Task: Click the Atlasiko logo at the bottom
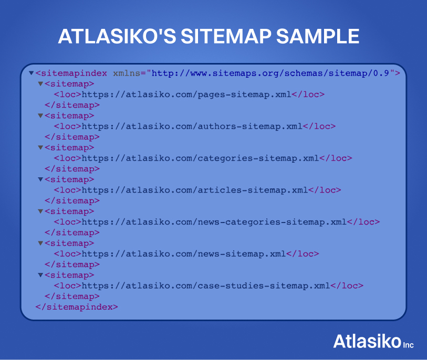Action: (x=367, y=341)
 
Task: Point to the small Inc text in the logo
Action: (x=409, y=345)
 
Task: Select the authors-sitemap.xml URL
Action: (x=192, y=126)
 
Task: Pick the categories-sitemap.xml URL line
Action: (x=200, y=158)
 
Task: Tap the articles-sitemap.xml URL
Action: (x=194, y=190)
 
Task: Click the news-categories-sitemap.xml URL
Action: (x=214, y=222)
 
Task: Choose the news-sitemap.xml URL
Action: (x=184, y=254)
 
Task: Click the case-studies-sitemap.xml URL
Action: (x=206, y=286)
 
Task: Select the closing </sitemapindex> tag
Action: (x=77, y=307)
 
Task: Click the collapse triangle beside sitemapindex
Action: (x=32, y=73)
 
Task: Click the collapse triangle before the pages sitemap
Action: (x=40, y=84)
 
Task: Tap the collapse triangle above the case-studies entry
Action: (x=40, y=275)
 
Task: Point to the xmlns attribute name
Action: (x=128, y=73)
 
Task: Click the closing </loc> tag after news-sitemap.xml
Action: (x=303, y=254)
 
